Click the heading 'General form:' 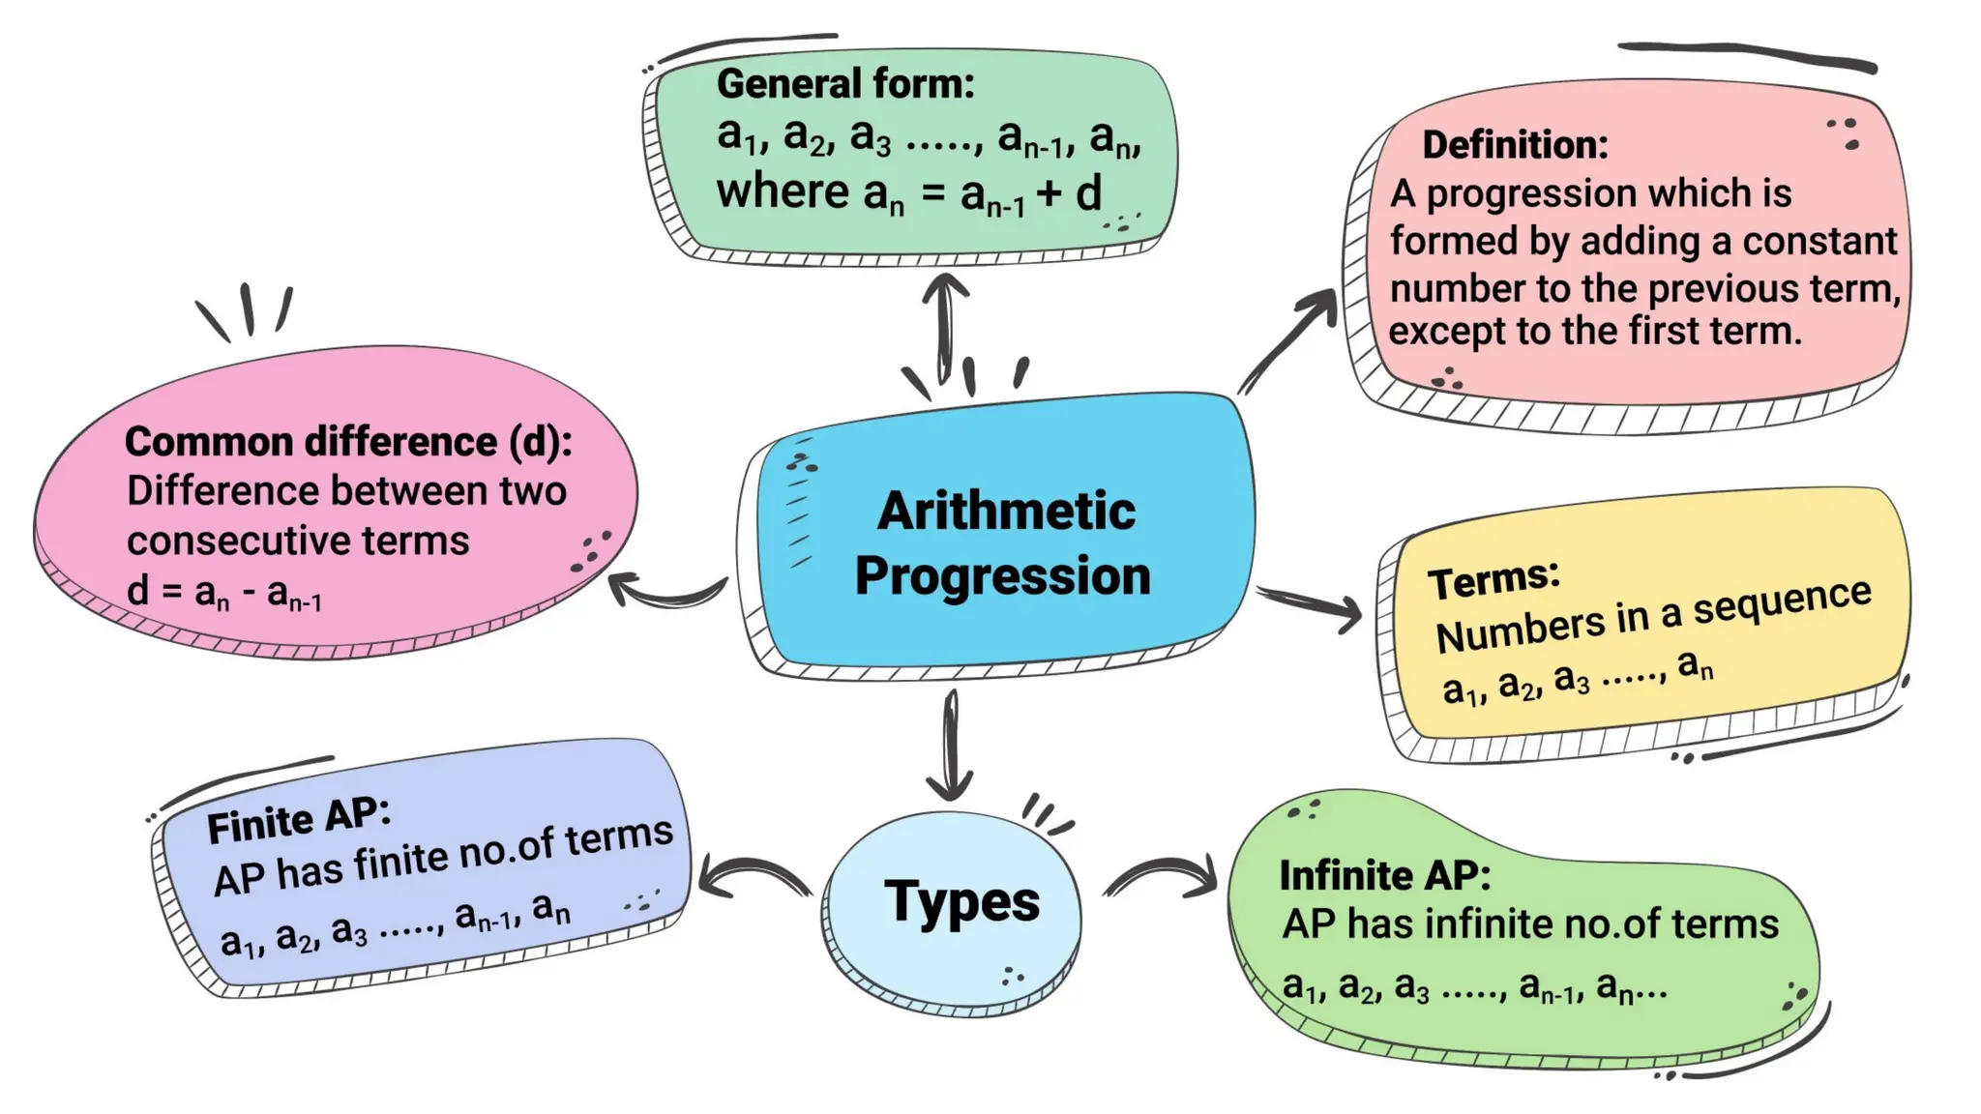pos(845,84)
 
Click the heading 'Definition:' pos(1515,145)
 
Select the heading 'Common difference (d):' pos(348,442)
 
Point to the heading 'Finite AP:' pos(298,822)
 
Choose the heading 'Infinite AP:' pos(1384,876)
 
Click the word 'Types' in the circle pos(961,901)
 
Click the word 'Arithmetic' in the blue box pos(1006,511)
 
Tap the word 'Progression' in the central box pos(1003,576)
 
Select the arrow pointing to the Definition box pos(1288,338)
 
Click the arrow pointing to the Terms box pos(1312,603)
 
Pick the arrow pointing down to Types pos(952,745)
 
